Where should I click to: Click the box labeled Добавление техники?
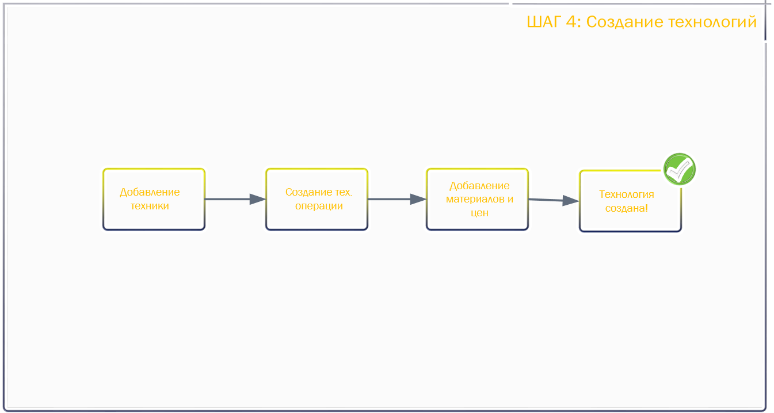(x=154, y=199)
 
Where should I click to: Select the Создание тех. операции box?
(x=317, y=199)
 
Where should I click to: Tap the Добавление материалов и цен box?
(x=478, y=199)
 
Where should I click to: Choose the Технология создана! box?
(x=630, y=201)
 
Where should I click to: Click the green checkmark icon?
(x=679, y=169)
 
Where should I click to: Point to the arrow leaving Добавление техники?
(x=235, y=199)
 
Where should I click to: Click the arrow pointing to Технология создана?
(x=554, y=200)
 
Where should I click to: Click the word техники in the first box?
(x=150, y=206)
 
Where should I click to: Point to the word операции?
(x=319, y=206)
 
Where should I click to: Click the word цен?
(x=479, y=213)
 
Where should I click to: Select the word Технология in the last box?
(x=627, y=194)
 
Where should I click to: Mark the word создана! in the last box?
(x=627, y=208)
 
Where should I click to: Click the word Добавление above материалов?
(x=479, y=186)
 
